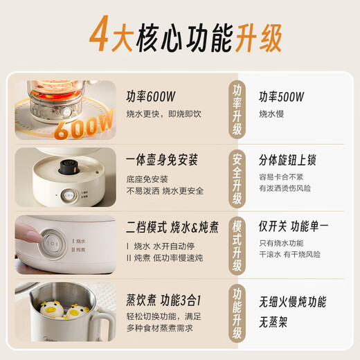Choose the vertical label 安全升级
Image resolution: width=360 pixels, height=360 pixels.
(x=237, y=178)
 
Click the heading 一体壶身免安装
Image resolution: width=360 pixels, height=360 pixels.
(x=162, y=160)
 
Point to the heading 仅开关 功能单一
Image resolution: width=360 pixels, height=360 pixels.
(x=294, y=226)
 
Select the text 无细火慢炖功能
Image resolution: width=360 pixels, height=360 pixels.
(x=293, y=303)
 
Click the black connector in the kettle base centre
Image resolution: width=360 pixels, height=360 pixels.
(x=69, y=166)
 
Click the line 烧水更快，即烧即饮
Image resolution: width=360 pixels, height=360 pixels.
(x=162, y=113)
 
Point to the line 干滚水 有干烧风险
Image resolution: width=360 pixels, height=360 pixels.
(x=290, y=254)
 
